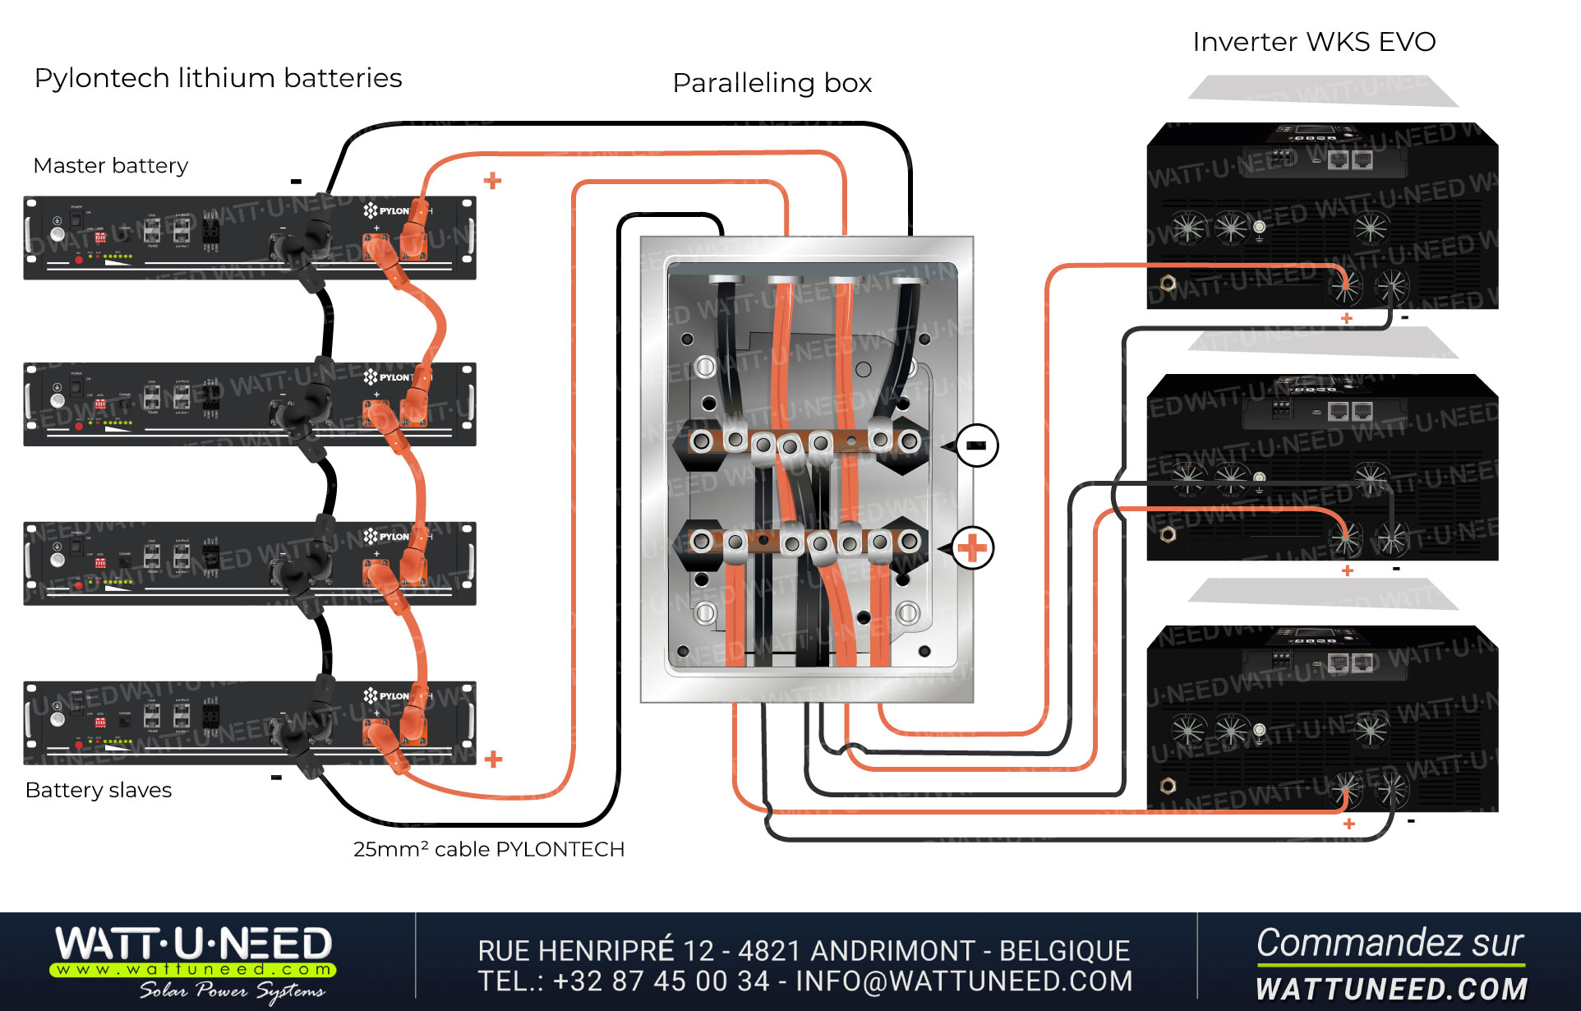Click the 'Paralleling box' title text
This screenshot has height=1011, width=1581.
(x=772, y=83)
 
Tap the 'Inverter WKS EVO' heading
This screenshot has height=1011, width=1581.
(x=1313, y=42)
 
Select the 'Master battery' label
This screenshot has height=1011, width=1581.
(x=110, y=165)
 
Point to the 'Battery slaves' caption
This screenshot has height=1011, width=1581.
(x=99, y=790)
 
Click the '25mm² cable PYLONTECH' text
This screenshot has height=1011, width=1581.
(x=488, y=849)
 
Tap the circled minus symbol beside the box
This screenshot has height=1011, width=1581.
(x=976, y=445)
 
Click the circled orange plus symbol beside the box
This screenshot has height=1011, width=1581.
(x=972, y=548)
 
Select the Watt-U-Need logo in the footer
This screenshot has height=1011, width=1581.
(x=194, y=962)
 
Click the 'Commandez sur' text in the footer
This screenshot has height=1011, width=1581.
(x=1389, y=943)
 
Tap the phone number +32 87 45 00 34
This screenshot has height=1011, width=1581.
(x=661, y=981)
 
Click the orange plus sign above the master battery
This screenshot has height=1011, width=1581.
(x=492, y=181)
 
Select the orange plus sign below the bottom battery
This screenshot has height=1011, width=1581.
(x=493, y=759)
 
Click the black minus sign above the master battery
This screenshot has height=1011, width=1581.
(x=296, y=182)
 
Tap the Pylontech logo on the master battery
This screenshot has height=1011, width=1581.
(x=386, y=211)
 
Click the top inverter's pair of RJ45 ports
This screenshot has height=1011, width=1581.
(x=1350, y=159)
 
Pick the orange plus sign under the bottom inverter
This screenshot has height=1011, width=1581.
(x=1348, y=824)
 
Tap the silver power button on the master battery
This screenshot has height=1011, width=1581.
(x=57, y=234)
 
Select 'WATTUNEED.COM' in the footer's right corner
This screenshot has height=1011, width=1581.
(x=1390, y=989)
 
